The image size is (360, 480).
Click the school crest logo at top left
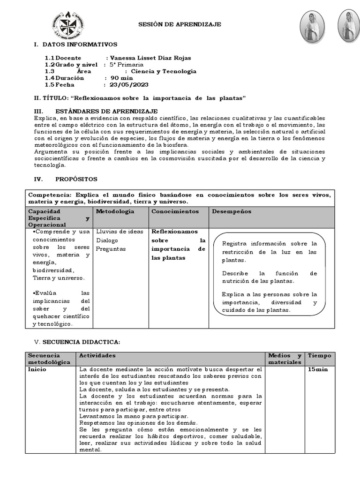point(69,26)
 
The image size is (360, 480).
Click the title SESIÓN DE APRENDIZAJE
point(179,24)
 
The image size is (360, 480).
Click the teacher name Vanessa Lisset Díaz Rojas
point(150,58)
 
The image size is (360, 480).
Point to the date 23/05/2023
point(129,85)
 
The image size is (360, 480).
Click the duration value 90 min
point(122,78)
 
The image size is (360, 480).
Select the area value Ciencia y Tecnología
point(164,71)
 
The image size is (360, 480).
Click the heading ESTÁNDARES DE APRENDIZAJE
point(106,111)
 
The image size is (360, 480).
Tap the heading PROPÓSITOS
point(76,179)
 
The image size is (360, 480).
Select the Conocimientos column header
point(175,211)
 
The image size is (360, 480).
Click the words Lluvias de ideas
point(120,232)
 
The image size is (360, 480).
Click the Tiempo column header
point(319,356)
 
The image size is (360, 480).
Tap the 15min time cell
point(318,369)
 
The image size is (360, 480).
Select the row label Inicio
point(37,369)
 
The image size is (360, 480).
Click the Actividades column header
point(94,356)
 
